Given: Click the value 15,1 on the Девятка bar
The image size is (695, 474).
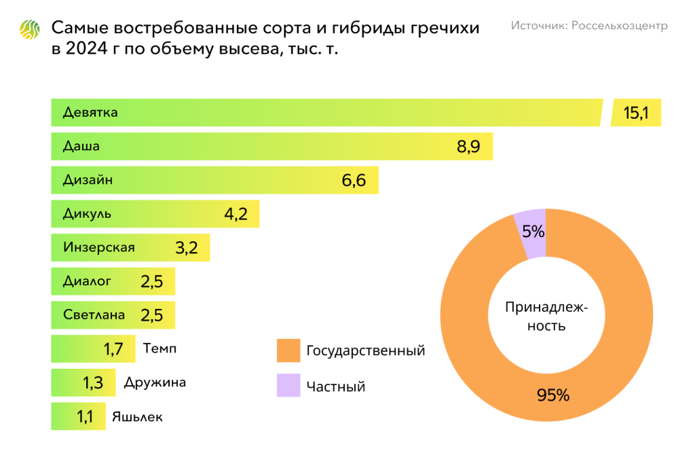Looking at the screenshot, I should [x=636, y=113].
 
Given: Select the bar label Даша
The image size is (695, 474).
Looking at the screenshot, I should [x=81, y=146].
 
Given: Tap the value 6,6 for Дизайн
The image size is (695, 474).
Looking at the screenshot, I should [x=354, y=181].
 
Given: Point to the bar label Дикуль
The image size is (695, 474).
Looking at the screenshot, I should [x=87, y=214].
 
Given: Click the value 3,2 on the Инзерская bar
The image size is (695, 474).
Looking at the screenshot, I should [x=186, y=248].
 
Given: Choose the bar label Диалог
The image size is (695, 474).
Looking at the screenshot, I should [x=87, y=281].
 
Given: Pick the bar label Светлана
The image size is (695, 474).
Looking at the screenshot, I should [x=94, y=315].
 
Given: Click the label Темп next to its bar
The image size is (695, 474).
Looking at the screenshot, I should [x=160, y=349].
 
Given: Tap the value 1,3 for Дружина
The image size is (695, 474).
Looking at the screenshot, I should [x=93, y=383].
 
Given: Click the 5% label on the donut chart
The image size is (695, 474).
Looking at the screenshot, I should [x=533, y=232].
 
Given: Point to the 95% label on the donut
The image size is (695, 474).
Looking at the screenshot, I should [x=553, y=395].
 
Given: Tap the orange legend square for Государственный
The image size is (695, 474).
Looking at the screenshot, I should [x=288, y=351].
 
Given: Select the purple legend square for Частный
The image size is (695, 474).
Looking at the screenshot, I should [x=288, y=386].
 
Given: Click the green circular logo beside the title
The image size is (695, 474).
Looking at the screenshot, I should [x=31, y=29].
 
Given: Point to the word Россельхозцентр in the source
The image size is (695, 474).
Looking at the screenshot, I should [x=620, y=25].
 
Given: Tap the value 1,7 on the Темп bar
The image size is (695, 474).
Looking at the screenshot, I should [x=113, y=349].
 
